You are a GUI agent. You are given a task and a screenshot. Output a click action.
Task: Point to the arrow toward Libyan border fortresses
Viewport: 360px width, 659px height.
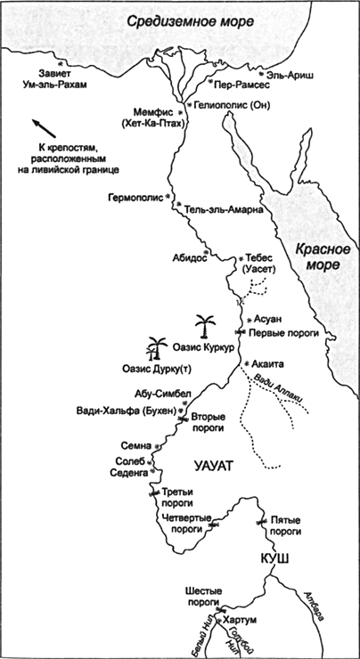point(40,129)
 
